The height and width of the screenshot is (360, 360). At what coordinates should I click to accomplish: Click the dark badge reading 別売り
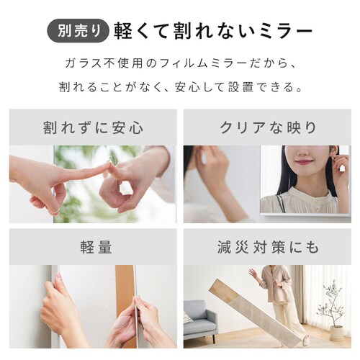[77, 31]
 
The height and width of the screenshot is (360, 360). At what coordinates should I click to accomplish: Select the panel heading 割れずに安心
[94, 127]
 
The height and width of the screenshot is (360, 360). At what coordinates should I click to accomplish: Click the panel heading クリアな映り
[268, 127]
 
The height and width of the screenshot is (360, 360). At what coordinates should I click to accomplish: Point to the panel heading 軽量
[96, 247]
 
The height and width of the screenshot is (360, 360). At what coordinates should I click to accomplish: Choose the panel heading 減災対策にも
[268, 247]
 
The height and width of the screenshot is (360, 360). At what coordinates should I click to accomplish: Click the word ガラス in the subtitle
[82, 63]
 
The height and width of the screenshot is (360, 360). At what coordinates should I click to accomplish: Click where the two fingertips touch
[109, 166]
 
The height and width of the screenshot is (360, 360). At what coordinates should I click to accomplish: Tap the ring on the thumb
[56, 211]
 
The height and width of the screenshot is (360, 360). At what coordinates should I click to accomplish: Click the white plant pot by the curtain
[337, 333]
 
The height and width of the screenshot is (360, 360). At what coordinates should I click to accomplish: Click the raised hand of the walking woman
[253, 272]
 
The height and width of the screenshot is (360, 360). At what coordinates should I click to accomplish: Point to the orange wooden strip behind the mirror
[125, 306]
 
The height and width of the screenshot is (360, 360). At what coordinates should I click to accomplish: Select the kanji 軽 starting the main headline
[122, 31]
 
